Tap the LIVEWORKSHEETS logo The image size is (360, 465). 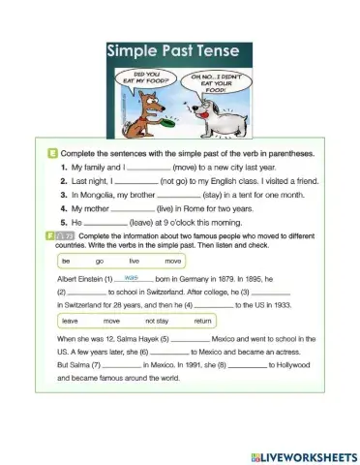[x=297, y=454]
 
